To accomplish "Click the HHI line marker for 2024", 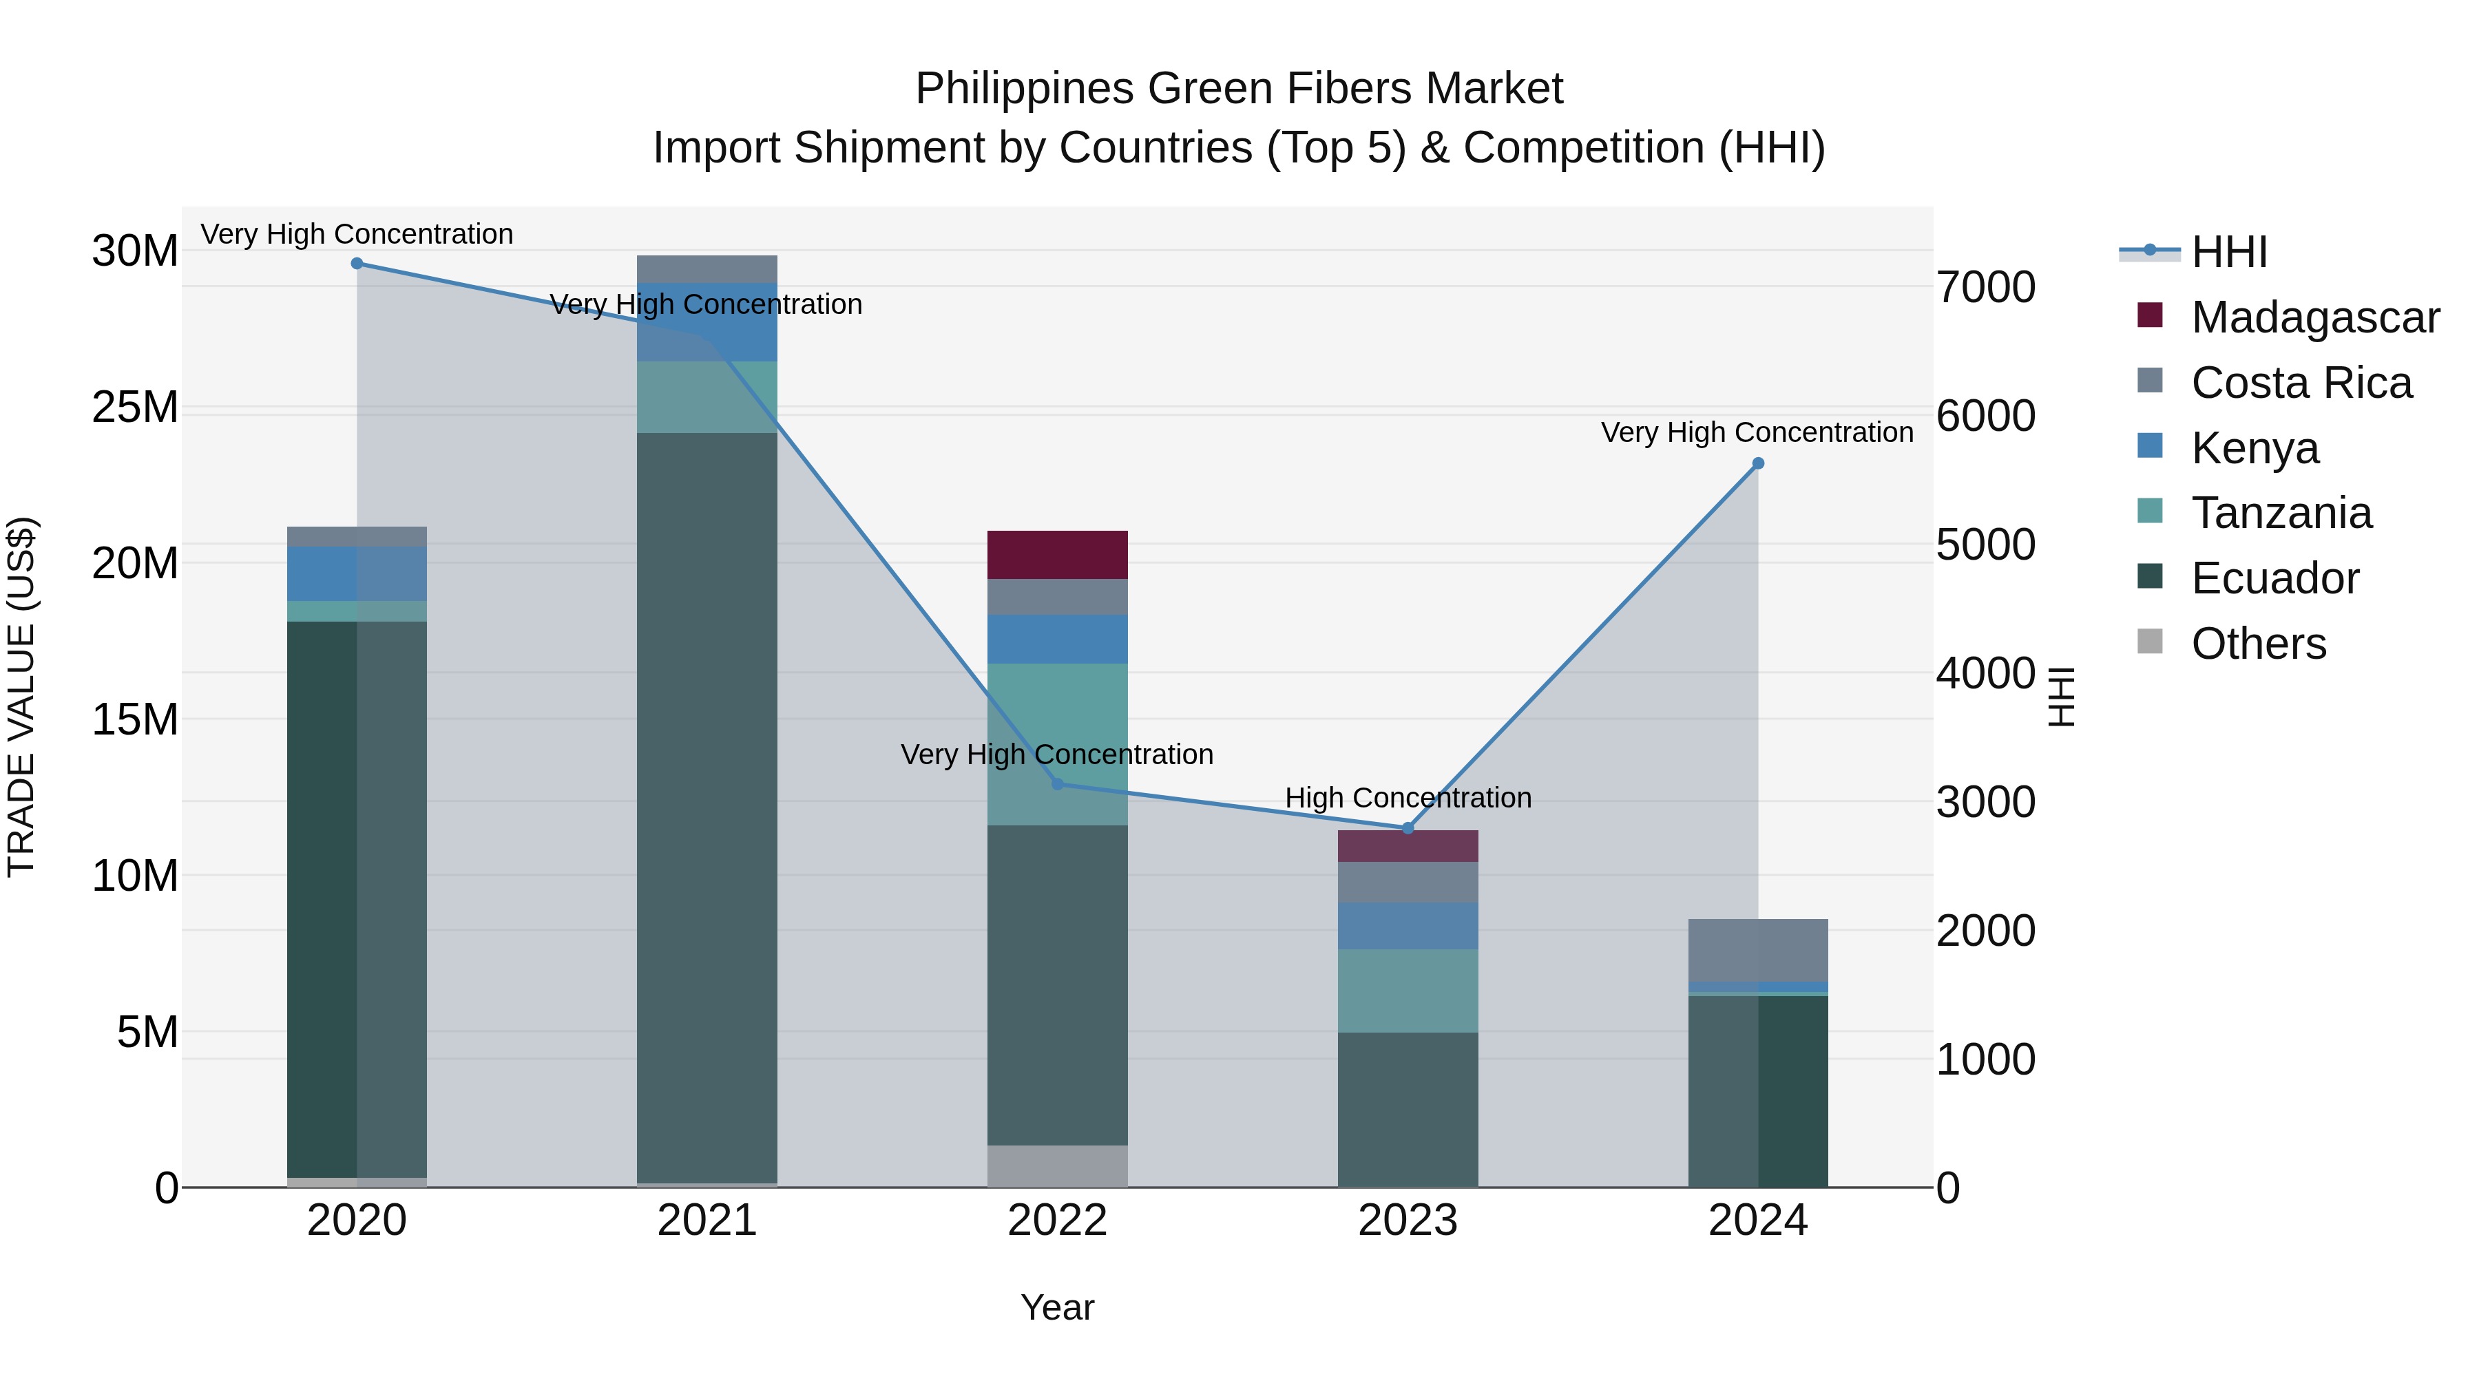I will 1757,464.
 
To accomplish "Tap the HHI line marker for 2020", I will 357,264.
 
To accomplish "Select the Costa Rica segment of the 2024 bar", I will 1757,949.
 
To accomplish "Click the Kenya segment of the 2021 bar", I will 707,322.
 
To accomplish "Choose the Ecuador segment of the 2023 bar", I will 1407,1109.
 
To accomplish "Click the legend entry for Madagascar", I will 2314,317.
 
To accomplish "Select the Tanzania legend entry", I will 2281,513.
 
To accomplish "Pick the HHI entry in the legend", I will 2229,252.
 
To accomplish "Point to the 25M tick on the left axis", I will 135,408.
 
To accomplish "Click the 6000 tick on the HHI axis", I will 1986,416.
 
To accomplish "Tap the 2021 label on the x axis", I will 707,1221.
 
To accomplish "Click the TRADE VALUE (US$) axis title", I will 21,697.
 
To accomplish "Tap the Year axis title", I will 1056,1307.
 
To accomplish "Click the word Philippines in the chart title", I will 1024,89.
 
